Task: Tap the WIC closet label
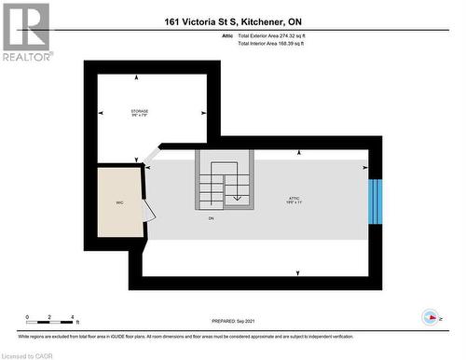click(x=120, y=201)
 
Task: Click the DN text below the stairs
click(x=212, y=218)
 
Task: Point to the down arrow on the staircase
click(x=237, y=195)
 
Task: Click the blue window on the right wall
click(x=376, y=201)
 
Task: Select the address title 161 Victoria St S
click(x=233, y=21)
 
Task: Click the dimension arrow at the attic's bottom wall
click(x=297, y=273)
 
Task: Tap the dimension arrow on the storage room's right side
click(x=204, y=114)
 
